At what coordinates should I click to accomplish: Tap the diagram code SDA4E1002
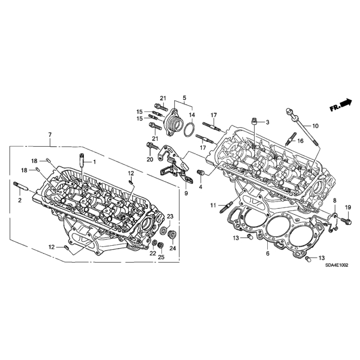point(337,265)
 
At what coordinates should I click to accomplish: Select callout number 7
point(50,135)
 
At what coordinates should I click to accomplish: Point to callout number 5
point(184,98)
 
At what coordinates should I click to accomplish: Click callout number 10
point(316,126)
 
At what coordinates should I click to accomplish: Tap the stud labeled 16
point(291,139)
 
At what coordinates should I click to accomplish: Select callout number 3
point(268,123)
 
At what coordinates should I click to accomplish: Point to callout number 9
point(186,193)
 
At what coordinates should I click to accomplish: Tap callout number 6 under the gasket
point(268,254)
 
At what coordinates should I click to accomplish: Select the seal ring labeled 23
point(163,230)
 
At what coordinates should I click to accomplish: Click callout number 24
point(173,248)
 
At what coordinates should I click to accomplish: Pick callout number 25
point(161,257)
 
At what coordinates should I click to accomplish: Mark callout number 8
point(335,200)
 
